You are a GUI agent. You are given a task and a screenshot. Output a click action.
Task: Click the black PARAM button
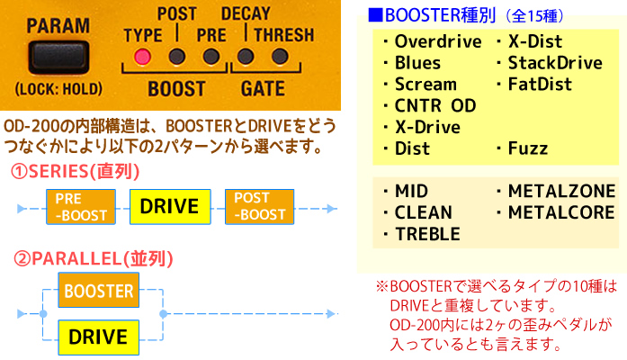58,56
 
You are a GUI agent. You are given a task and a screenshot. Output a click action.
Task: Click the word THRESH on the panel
284,36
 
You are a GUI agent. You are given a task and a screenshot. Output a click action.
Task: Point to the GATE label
263,89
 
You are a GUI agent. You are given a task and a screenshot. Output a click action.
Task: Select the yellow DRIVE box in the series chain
169,206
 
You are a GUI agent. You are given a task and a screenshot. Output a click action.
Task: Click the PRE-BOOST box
80,206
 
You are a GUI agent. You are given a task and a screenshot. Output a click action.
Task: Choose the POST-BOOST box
259,206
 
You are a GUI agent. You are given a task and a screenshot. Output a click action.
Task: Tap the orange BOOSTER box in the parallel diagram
98,291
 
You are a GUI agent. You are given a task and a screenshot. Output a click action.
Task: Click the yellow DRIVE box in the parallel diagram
98,337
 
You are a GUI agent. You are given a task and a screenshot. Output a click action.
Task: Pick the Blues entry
417,63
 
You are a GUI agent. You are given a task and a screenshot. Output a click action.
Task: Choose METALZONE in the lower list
560,191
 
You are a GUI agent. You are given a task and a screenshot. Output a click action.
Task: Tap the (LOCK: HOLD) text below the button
58,89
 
